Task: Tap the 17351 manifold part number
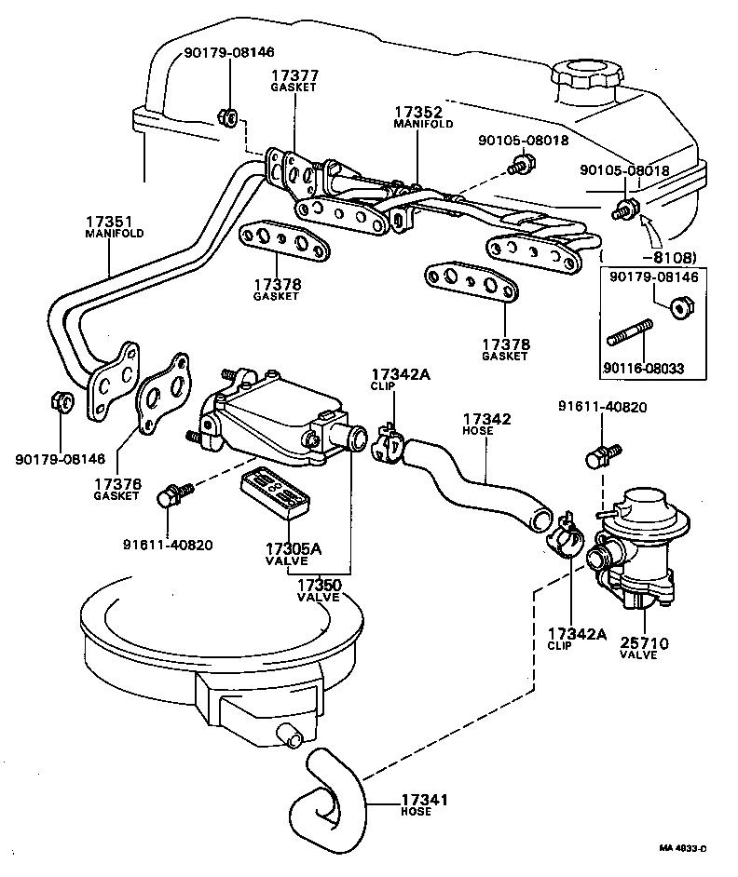click(x=110, y=223)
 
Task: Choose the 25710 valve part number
click(x=644, y=642)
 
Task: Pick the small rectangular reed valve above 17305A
click(x=274, y=492)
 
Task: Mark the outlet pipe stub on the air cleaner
click(x=292, y=736)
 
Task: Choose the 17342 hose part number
click(x=486, y=420)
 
